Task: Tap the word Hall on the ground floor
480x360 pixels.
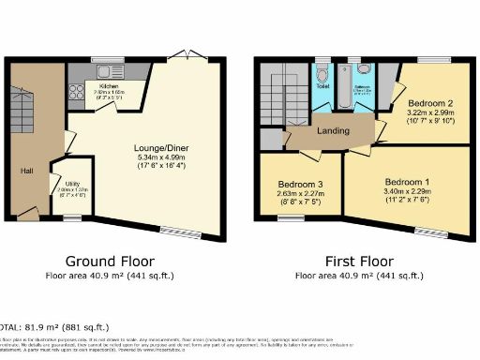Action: (28, 171)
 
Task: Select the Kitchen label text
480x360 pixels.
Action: (111, 85)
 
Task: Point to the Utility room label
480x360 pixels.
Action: (68, 182)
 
